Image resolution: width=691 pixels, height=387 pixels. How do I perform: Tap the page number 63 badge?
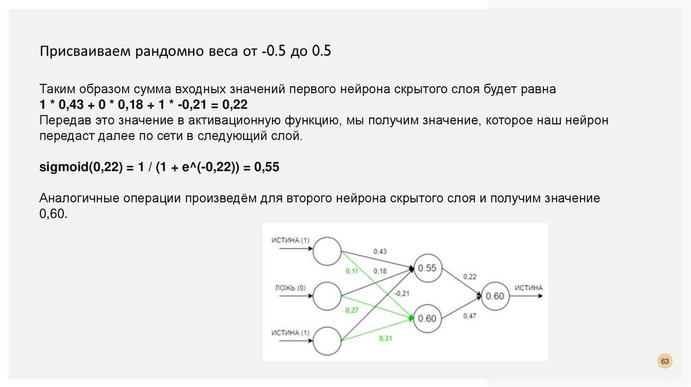click(x=665, y=362)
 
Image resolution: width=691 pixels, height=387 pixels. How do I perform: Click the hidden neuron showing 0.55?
click(x=426, y=268)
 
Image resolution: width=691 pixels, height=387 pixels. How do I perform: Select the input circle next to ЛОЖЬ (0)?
click(x=327, y=295)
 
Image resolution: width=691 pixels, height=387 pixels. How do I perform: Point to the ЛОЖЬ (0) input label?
click(x=290, y=288)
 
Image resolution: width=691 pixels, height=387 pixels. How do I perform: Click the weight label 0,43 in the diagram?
click(x=381, y=251)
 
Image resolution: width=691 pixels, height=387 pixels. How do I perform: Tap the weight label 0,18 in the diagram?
click(x=381, y=271)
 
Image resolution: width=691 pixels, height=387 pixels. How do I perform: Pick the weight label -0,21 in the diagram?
click(x=402, y=293)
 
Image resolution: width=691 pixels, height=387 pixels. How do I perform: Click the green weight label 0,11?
click(x=352, y=271)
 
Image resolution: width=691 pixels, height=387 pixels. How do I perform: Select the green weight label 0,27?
click(x=352, y=310)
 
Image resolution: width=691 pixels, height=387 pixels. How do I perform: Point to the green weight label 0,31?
click(x=385, y=338)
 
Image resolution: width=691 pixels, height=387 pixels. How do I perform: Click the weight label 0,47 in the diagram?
click(x=470, y=315)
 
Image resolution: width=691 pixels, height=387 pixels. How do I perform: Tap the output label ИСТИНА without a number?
click(x=528, y=288)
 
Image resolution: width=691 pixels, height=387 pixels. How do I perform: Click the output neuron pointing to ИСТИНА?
click(x=495, y=296)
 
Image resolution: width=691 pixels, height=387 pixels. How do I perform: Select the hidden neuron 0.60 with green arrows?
click(x=426, y=319)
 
